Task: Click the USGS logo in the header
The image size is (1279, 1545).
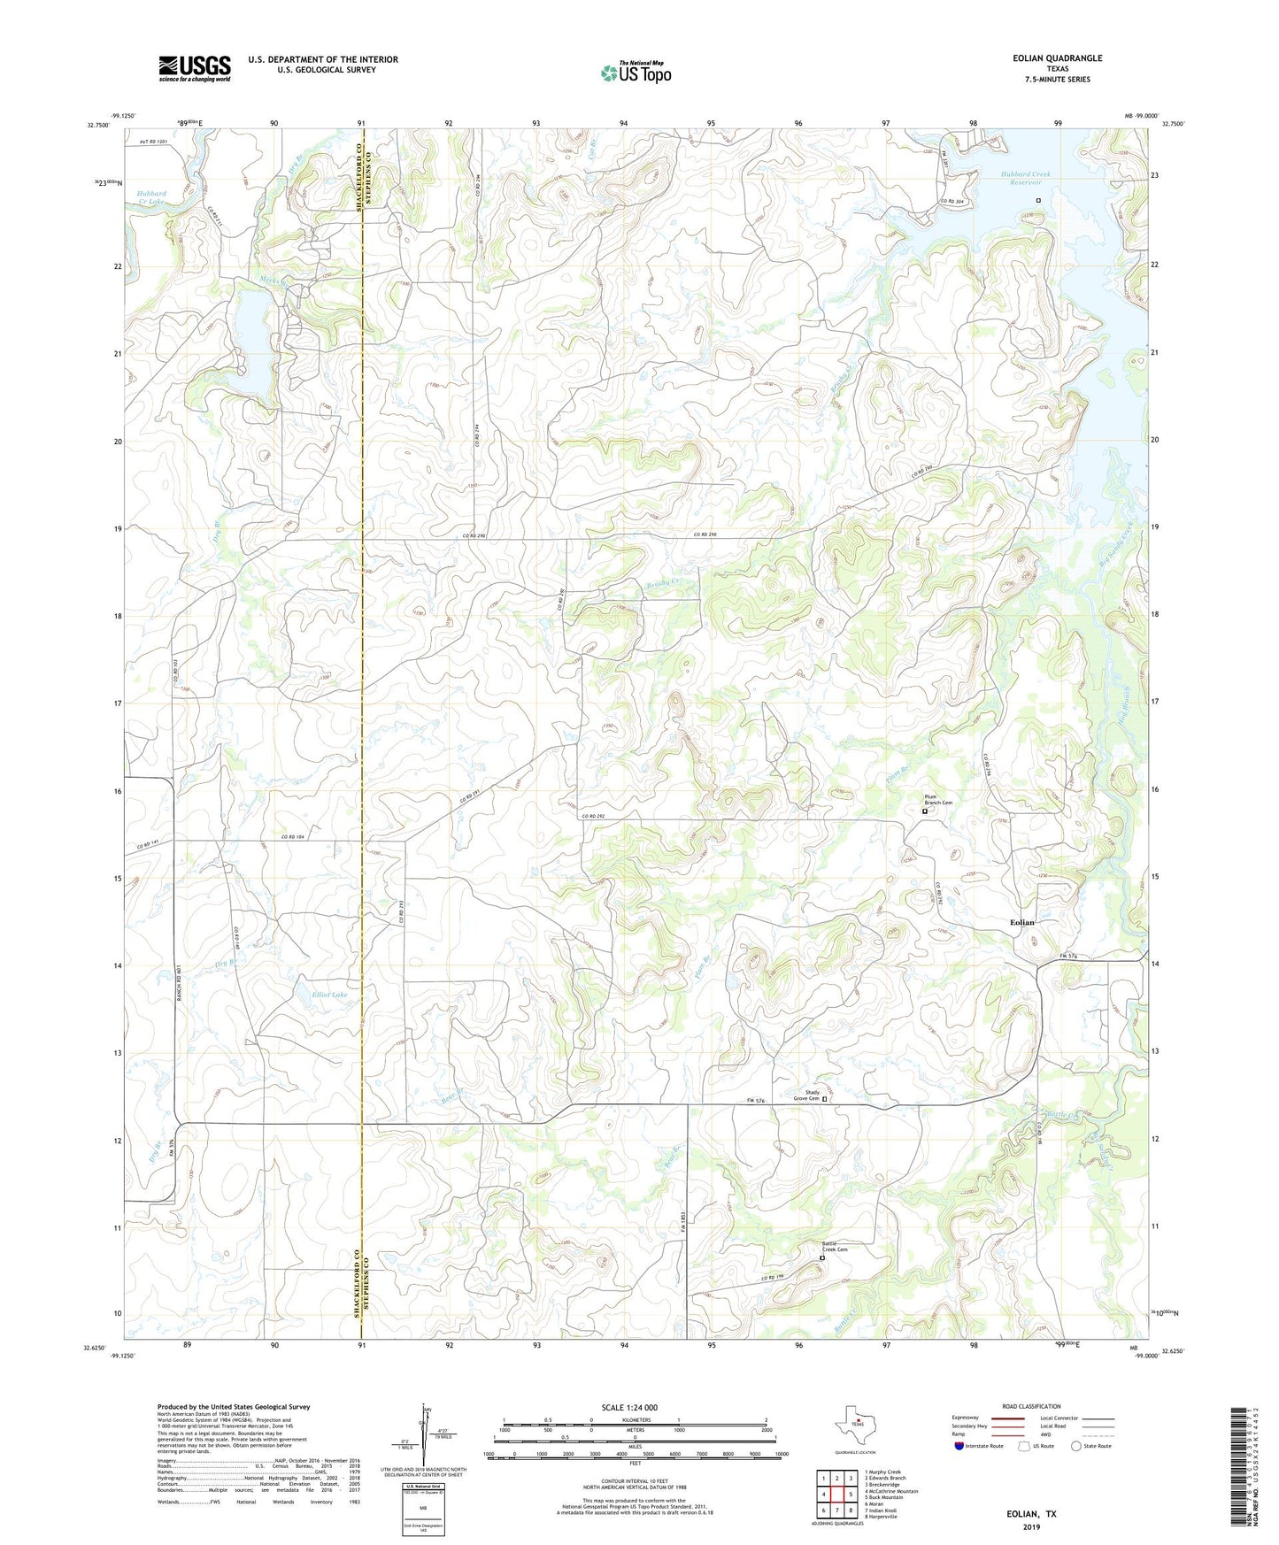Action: (x=195, y=68)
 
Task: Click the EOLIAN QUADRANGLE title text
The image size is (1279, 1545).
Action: (x=1058, y=58)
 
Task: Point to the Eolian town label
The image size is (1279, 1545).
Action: (x=1022, y=922)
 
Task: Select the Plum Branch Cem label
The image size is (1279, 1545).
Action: (x=938, y=800)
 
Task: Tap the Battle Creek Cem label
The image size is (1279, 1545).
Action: (x=835, y=1249)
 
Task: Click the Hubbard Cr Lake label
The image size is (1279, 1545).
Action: (x=150, y=197)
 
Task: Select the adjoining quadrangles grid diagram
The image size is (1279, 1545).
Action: (x=836, y=1494)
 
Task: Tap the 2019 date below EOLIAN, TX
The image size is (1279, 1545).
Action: (x=1031, y=1526)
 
